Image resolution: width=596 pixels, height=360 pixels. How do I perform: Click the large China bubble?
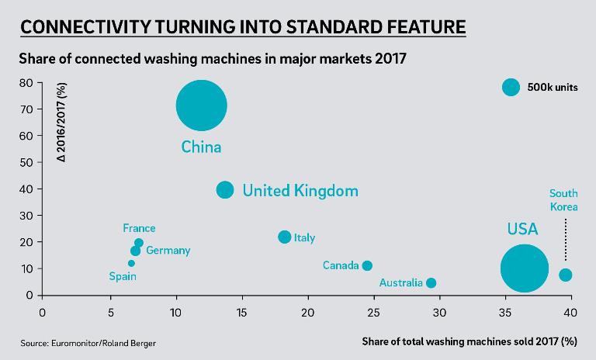click(201, 106)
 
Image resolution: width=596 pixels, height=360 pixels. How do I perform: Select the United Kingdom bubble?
click(225, 189)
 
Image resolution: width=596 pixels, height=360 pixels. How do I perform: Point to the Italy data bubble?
click(285, 237)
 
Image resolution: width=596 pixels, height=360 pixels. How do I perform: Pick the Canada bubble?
click(367, 265)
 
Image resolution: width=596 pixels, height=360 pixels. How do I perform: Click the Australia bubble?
click(431, 282)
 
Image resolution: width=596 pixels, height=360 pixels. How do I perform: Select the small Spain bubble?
click(131, 263)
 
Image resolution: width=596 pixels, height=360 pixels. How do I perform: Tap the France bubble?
click(139, 243)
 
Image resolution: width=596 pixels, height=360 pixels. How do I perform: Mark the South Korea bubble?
click(565, 275)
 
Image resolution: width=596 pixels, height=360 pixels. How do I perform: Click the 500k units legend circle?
click(510, 87)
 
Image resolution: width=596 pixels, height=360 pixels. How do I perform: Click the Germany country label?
click(168, 251)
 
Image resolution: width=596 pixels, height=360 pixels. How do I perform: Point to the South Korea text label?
click(563, 200)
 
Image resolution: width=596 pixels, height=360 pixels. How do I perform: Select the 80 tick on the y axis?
click(26, 82)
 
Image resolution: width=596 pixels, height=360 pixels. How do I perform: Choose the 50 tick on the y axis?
click(26, 162)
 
